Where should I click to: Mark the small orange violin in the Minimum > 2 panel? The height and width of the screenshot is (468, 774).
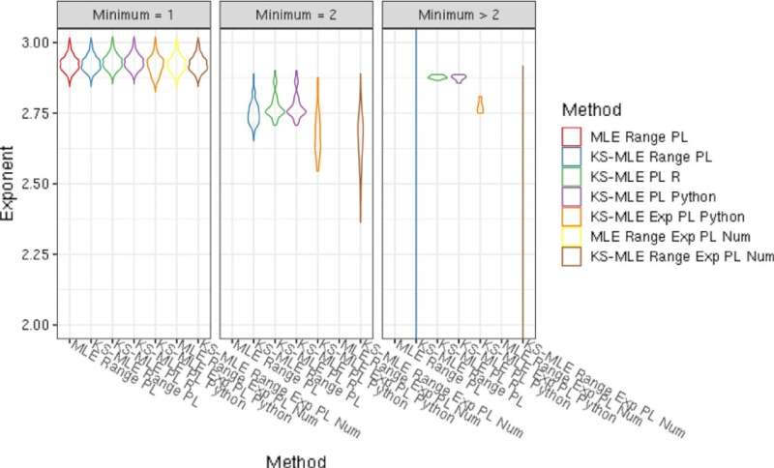pyautogui.click(x=480, y=105)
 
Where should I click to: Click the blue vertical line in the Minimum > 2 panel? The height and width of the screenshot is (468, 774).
pyautogui.click(x=416, y=193)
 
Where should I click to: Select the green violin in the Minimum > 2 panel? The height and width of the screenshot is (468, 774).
pyautogui.click(x=437, y=77)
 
